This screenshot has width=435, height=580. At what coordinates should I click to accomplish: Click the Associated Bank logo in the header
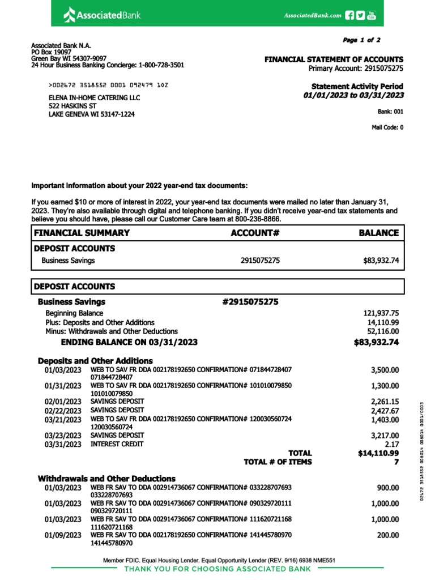(x=101, y=14)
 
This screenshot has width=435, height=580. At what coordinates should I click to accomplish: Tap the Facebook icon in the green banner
(x=349, y=15)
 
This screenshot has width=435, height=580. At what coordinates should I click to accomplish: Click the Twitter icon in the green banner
(x=360, y=15)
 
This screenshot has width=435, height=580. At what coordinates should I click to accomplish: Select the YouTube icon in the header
(x=372, y=15)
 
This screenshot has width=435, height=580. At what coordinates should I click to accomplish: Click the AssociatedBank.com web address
(x=312, y=16)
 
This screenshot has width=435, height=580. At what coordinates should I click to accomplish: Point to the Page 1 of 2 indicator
(x=361, y=40)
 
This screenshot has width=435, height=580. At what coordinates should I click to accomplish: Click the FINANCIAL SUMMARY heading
(x=82, y=233)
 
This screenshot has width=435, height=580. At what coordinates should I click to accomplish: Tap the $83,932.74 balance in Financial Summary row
(x=381, y=261)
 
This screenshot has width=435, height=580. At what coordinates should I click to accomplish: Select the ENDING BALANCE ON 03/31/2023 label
(x=129, y=342)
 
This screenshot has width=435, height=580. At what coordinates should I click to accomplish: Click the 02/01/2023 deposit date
(x=63, y=402)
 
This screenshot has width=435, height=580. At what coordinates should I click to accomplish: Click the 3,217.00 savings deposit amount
(x=385, y=436)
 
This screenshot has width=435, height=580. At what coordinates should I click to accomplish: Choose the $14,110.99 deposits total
(x=378, y=453)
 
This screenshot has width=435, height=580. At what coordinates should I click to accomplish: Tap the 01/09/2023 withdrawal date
(x=63, y=535)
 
